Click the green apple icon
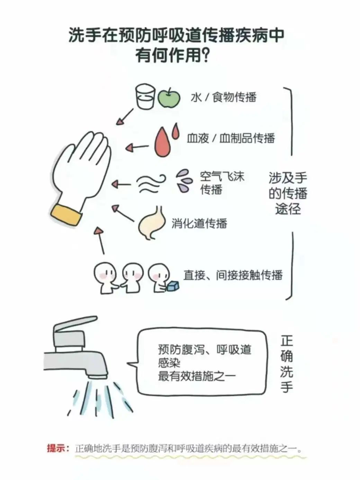coord(169,98)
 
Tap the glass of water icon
coord(144,97)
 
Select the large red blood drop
coord(163,142)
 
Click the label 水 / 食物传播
coord(223,97)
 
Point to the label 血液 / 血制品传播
coord(231,138)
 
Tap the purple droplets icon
coord(183,181)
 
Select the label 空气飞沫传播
coord(222,183)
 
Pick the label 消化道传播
coord(199,223)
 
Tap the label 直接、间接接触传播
coord(233,275)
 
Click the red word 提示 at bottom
coord(57,448)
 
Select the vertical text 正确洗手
coord(287,364)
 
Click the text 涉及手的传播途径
coord(288,193)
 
